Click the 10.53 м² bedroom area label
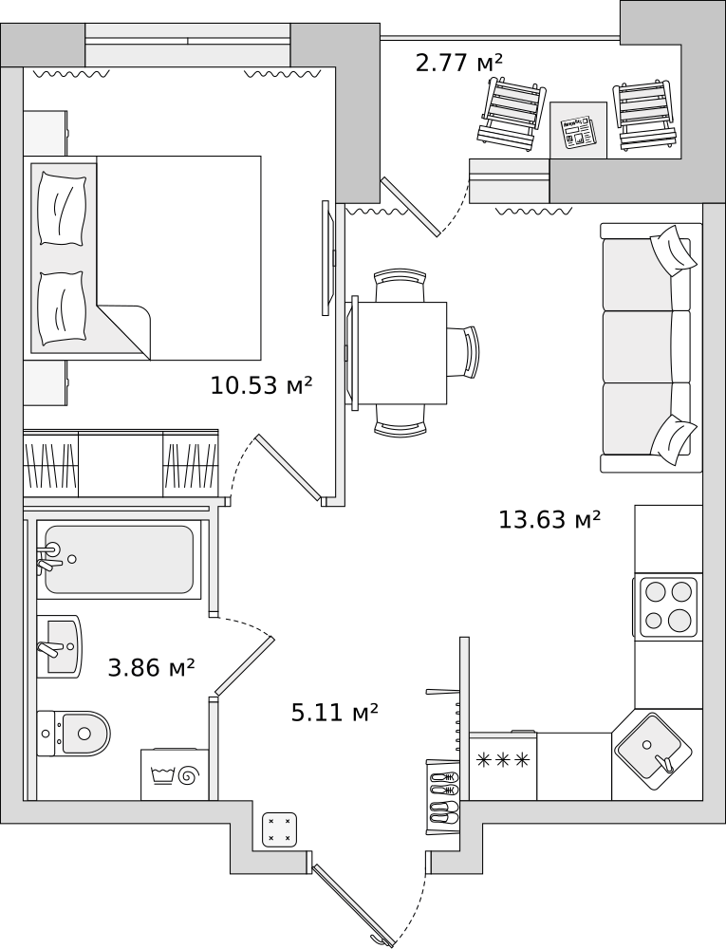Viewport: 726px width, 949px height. pos(261,385)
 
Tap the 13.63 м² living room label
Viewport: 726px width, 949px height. pos(549,519)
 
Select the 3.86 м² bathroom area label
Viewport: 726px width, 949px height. pos(151,668)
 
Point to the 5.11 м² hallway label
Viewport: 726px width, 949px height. pos(335,713)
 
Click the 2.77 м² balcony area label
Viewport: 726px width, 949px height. pos(459,63)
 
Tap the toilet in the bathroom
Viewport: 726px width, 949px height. pos(73,734)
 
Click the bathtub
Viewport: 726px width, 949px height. pos(120,559)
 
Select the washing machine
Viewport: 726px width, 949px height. pos(176,774)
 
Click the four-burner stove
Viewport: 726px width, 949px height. pos(667,605)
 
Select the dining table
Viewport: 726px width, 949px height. pos(400,353)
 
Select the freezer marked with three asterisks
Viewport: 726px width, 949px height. pos(503,766)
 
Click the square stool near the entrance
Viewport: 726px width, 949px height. pos(280,829)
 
